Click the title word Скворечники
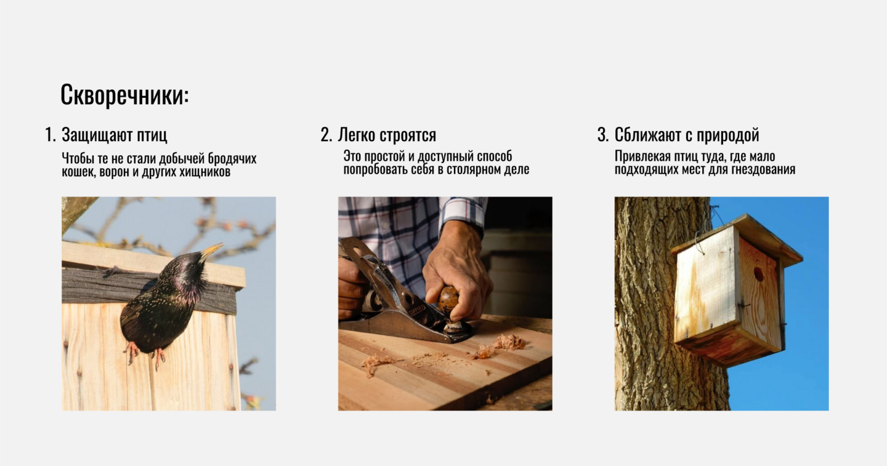tap(124, 95)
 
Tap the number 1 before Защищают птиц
tap(49, 134)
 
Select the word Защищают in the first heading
tap(97, 135)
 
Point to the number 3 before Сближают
tap(602, 134)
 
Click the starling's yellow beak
tap(212, 251)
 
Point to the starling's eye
tap(193, 266)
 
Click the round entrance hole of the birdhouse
tap(759, 274)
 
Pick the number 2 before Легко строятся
tap(326, 134)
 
